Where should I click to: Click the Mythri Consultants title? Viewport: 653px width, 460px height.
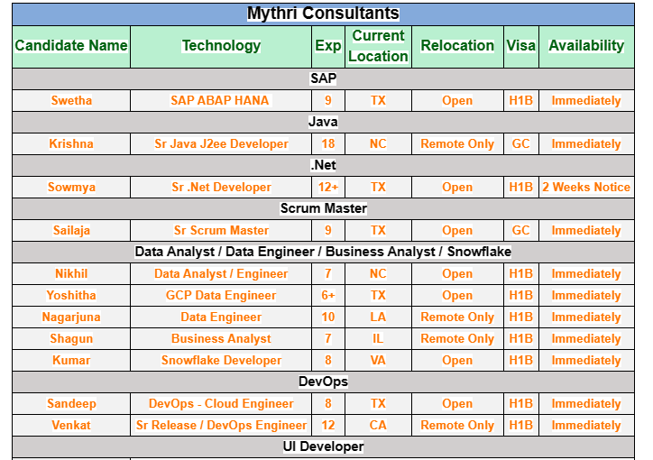tap(323, 14)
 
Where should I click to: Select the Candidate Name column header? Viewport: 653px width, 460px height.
tap(71, 46)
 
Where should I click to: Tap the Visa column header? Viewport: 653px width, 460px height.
tap(520, 46)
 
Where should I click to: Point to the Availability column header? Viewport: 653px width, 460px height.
tap(586, 46)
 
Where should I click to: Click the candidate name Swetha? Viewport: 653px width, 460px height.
tap(71, 101)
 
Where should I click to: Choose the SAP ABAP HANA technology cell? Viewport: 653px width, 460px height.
tap(220, 101)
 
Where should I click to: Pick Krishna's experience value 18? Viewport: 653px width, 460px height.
tap(328, 144)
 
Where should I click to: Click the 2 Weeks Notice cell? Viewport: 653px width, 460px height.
tap(586, 188)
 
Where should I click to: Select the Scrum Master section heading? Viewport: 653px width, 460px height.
tap(323, 209)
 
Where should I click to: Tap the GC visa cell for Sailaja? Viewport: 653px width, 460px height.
tap(520, 231)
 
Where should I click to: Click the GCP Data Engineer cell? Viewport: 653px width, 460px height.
tap(221, 296)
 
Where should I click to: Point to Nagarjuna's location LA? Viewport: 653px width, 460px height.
tap(378, 317)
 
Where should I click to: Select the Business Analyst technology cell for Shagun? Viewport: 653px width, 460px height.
tap(221, 339)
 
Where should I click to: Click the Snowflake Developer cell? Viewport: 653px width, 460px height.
tap(221, 361)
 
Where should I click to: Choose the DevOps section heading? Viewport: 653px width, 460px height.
tap(323, 382)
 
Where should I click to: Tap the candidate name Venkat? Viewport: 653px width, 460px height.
tap(71, 426)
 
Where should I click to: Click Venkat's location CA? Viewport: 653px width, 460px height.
tap(378, 426)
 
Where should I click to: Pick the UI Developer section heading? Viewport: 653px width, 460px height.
tap(323, 447)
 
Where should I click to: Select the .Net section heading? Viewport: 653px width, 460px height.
tap(323, 166)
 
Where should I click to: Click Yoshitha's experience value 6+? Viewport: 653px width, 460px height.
tap(328, 296)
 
